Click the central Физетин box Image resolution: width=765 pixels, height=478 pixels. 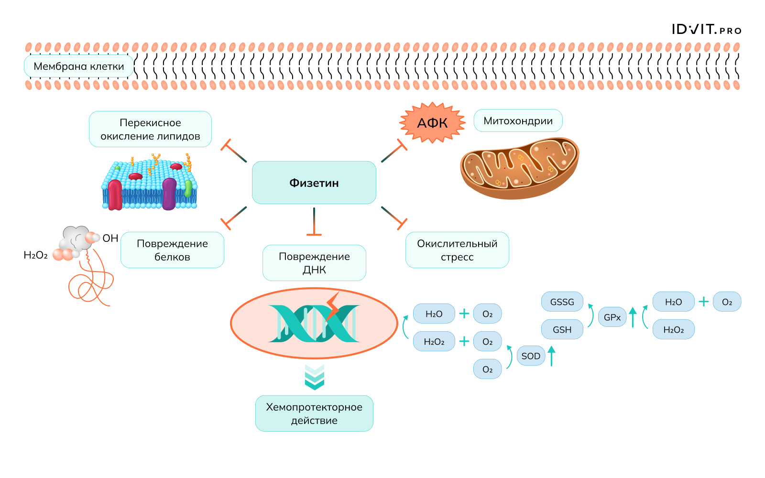click(x=314, y=183)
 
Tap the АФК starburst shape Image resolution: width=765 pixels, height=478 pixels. click(x=432, y=123)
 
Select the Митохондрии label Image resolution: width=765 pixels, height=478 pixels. click(x=518, y=121)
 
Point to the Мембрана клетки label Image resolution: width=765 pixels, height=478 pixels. click(x=79, y=66)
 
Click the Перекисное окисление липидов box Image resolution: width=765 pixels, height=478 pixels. click(x=150, y=129)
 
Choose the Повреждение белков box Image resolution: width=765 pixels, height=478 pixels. click(x=172, y=250)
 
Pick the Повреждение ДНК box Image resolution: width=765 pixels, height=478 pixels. click(x=314, y=263)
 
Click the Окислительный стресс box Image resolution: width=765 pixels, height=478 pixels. click(x=457, y=250)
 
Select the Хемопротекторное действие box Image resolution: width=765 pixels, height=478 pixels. click(x=314, y=413)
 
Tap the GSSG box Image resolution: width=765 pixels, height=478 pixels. click(x=562, y=302)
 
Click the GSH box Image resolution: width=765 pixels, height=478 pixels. click(x=562, y=330)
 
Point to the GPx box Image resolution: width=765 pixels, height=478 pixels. click(x=612, y=317)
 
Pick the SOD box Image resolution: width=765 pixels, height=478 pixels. click(x=531, y=356)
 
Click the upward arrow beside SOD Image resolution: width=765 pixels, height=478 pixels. click(x=552, y=356)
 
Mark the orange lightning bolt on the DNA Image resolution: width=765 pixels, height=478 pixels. click(x=332, y=307)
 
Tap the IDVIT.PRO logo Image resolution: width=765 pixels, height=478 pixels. click(x=706, y=30)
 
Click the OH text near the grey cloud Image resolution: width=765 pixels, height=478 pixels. click(x=110, y=238)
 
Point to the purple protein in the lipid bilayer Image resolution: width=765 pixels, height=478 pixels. click(x=169, y=193)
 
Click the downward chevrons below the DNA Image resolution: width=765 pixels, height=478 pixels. click(x=314, y=377)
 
